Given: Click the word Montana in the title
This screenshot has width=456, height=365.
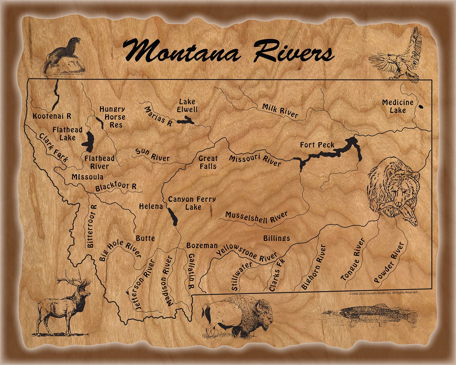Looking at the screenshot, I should [x=182, y=51].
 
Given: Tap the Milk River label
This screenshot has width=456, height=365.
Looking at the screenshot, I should [x=280, y=111].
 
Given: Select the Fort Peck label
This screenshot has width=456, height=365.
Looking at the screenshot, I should [x=317, y=145].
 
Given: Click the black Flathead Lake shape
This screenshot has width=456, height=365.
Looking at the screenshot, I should [x=88, y=140].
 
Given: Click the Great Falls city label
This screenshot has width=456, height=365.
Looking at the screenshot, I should [x=208, y=162].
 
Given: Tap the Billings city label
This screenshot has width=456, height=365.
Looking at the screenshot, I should [x=276, y=238].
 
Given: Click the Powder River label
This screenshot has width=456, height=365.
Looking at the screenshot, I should [x=388, y=262].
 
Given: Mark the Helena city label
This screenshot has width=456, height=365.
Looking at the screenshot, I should [x=151, y=207].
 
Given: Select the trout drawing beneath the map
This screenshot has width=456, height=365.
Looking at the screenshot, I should [x=370, y=315].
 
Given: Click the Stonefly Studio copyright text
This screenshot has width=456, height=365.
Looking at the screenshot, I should [x=383, y=293].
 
